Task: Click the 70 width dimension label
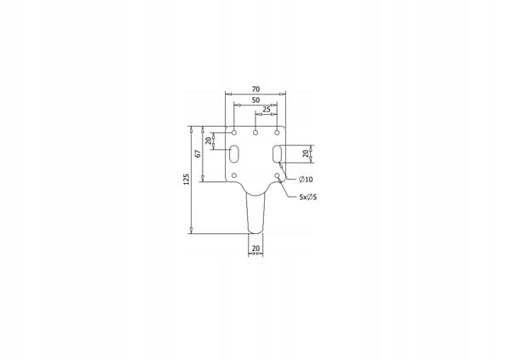pos(255,89)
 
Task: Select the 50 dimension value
pos(255,100)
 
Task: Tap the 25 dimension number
pos(267,110)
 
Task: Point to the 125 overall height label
pos(187,180)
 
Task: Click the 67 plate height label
pos(198,154)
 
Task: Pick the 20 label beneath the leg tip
pos(255,249)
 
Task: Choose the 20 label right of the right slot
pos(306,153)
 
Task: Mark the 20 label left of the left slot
pos(208,140)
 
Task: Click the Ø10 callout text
pos(306,180)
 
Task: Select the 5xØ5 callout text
pos(308,197)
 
